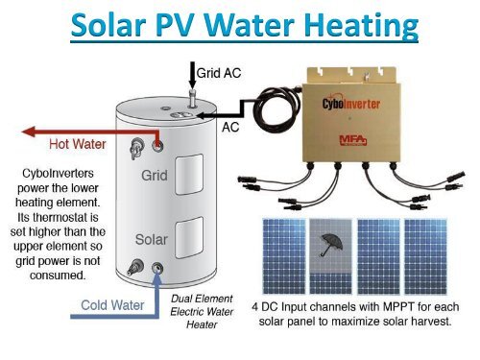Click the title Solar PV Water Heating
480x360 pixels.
click(240, 27)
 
